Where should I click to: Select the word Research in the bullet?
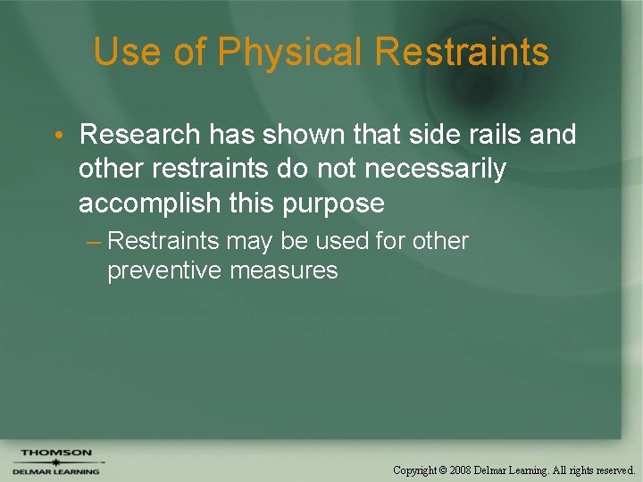[x=139, y=135]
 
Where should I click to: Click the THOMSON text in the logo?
[x=56, y=453]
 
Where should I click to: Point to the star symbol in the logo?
[x=55, y=462]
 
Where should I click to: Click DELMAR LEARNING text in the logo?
[x=55, y=471]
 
